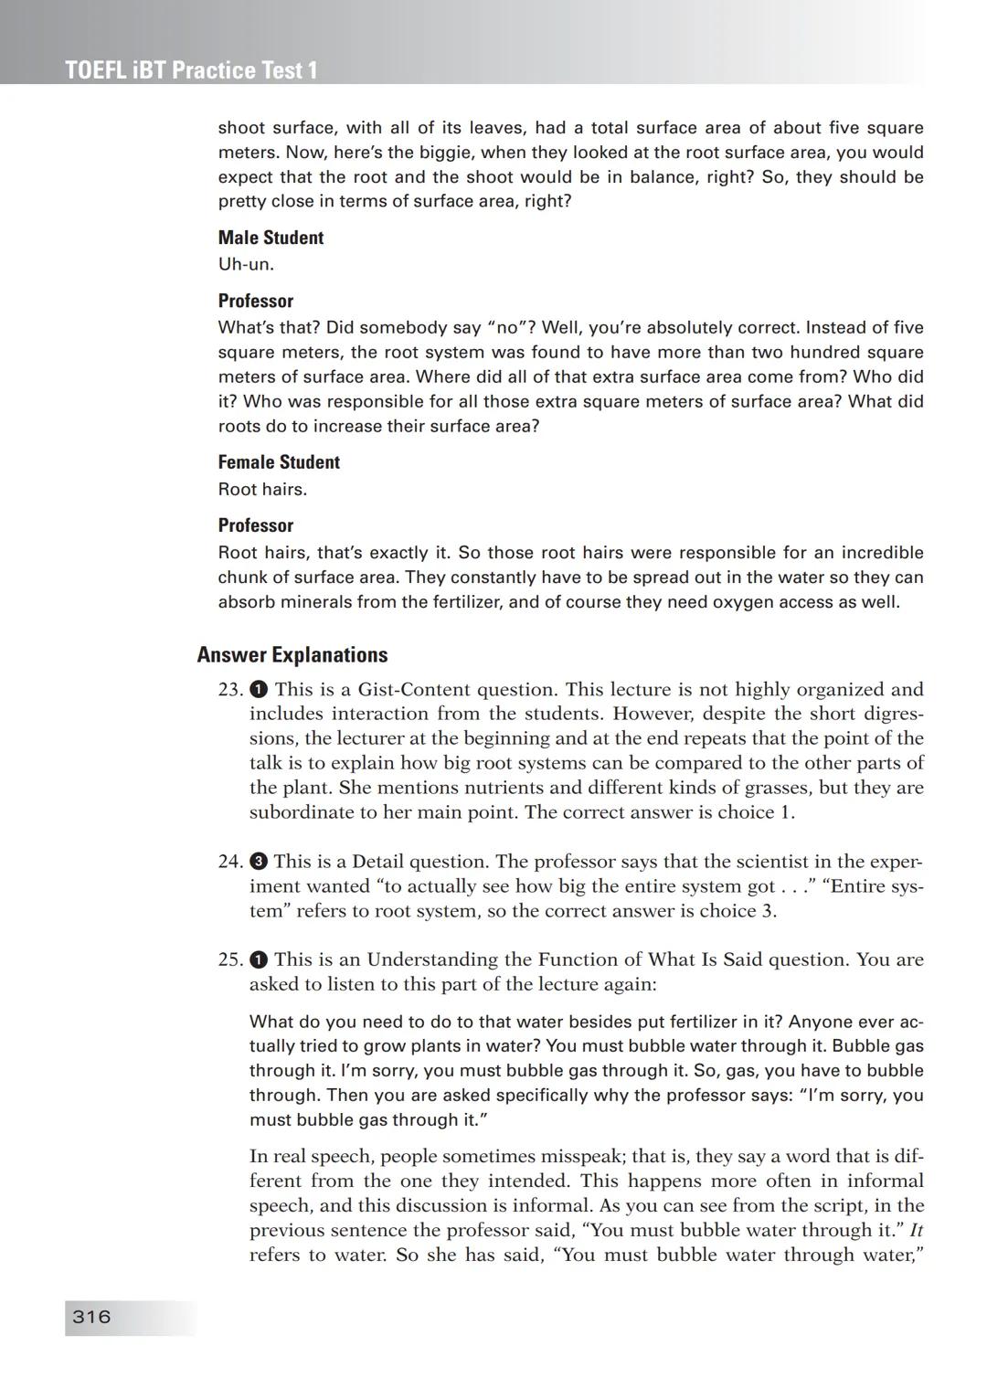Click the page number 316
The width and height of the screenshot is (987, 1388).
click(x=91, y=1317)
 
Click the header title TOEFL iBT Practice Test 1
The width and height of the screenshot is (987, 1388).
click(x=192, y=70)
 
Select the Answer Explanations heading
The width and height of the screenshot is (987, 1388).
click(x=292, y=654)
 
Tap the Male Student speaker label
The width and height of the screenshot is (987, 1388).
click(x=271, y=238)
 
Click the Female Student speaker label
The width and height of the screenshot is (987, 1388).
click(x=279, y=462)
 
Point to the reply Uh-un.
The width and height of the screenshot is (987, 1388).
click(x=246, y=264)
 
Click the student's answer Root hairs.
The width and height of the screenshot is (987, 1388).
click(x=262, y=489)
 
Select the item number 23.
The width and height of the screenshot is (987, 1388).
click(x=230, y=689)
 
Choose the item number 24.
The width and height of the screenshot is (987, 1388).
click(x=230, y=861)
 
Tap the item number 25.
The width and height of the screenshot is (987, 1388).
click(x=230, y=959)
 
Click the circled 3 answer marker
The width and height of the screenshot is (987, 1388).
click(x=259, y=861)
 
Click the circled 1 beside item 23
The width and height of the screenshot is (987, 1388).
click(x=259, y=689)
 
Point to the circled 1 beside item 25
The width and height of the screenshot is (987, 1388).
click(x=259, y=959)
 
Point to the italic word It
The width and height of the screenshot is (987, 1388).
click(x=917, y=1230)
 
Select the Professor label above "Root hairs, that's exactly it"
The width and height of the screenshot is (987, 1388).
click(x=256, y=525)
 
